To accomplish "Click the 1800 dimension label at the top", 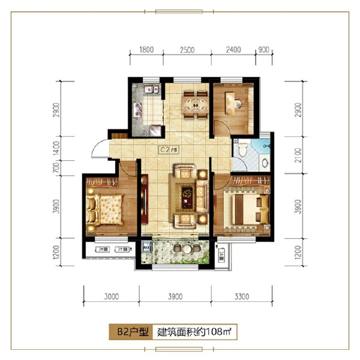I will pyautogui.click(x=148, y=50).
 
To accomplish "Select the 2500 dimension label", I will pyautogui.click(x=187, y=50).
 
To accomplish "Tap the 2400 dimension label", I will pyautogui.click(x=233, y=50).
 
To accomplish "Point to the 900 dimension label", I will pyautogui.click(x=262, y=50).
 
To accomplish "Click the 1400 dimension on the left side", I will pyautogui.click(x=56, y=146).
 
